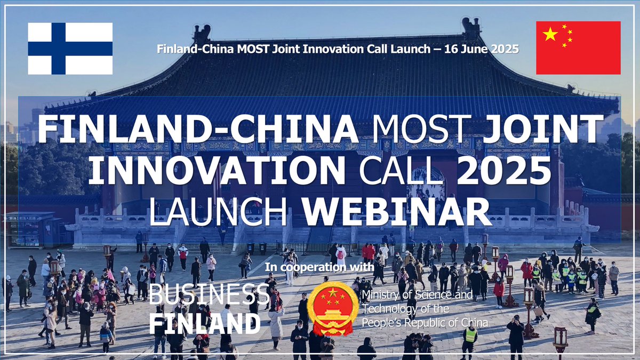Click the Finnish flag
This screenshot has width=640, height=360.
pyautogui.click(x=70, y=49)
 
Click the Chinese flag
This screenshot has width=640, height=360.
pyautogui.click(x=578, y=48)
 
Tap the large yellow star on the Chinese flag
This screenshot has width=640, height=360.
pyautogui.click(x=550, y=35)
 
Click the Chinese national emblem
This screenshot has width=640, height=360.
pyautogui.click(x=333, y=308)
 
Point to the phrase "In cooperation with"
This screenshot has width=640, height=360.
pyautogui.click(x=311, y=267)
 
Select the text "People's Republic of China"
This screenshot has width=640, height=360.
pyautogui.click(x=425, y=323)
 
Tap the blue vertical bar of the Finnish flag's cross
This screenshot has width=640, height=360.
pyautogui.click(x=59, y=49)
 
